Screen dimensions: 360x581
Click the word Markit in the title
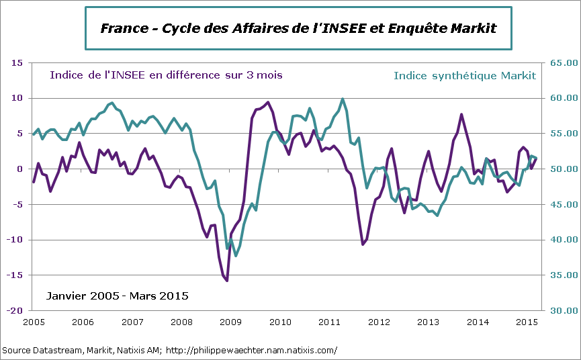point(469,28)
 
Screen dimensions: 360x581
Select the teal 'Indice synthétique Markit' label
point(465,75)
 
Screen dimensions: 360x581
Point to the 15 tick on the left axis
point(17,63)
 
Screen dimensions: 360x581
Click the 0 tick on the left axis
point(20,169)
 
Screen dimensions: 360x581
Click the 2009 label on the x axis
point(230,322)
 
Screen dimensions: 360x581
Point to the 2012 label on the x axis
point(379,322)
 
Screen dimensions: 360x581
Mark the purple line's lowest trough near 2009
point(227,281)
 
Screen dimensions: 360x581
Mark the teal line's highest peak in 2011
point(343,99)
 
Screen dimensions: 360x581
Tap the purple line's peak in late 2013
point(461,114)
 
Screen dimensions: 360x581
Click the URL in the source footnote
point(251,351)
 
